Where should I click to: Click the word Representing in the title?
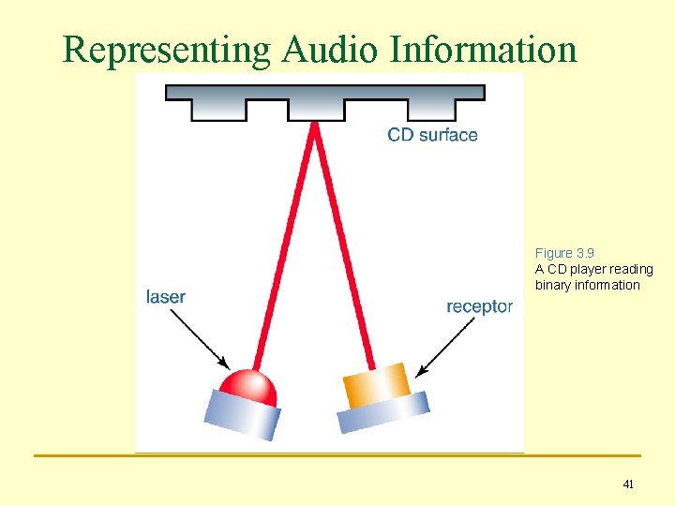coord(166,51)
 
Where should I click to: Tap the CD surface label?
coord(432,135)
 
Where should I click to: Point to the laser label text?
coord(166,297)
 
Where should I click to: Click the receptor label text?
coord(479,306)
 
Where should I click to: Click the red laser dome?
coord(247,385)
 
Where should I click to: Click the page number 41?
coord(628,484)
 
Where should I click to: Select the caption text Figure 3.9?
coord(564,253)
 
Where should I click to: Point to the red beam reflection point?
coord(315,126)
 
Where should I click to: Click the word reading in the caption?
coord(634,269)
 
